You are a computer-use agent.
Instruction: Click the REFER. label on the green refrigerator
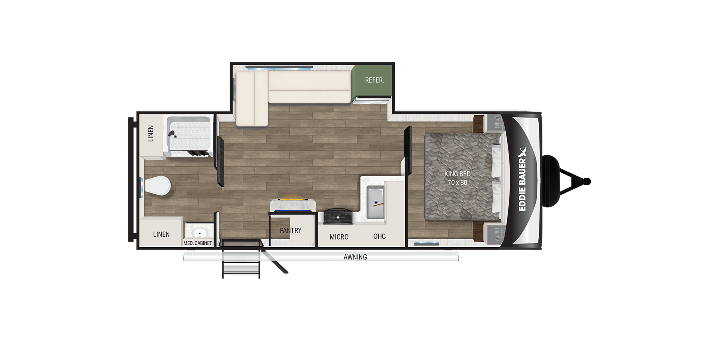(374, 80)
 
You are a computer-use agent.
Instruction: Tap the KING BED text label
(457, 174)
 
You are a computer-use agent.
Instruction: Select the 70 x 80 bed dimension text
(457, 183)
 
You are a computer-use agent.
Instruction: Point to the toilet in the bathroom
(158, 186)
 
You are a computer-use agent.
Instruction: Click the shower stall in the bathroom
(188, 136)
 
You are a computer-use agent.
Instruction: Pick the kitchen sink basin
(375, 202)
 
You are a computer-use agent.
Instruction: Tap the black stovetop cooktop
(338, 217)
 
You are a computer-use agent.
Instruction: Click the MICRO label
(339, 237)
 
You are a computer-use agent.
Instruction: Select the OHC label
(379, 236)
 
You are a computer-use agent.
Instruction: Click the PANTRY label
(290, 230)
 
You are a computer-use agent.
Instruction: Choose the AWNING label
(355, 257)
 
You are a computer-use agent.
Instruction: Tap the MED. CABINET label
(198, 243)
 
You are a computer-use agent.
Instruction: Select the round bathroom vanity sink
(199, 233)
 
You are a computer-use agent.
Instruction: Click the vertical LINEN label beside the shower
(151, 133)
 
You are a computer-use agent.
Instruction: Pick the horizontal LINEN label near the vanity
(161, 234)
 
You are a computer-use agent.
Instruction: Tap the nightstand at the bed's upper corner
(493, 123)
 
